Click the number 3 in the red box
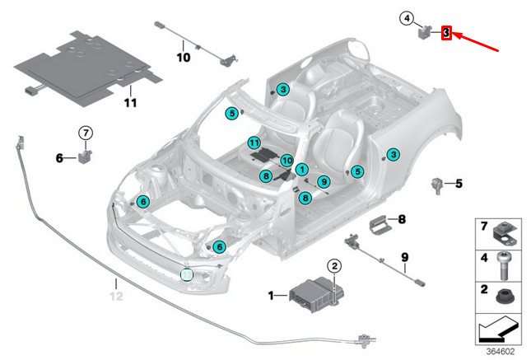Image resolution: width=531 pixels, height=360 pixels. point(445,33)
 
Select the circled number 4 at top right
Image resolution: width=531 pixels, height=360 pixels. point(406,17)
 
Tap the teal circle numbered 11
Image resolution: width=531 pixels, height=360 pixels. point(255,143)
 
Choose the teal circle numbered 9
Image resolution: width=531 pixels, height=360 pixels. point(324,181)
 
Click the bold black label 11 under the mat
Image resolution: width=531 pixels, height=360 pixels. point(129,102)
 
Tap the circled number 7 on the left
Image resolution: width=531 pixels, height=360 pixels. point(87,132)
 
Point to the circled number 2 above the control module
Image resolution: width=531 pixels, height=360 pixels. point(334,265)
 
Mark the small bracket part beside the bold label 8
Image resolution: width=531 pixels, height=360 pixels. point(379,223)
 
